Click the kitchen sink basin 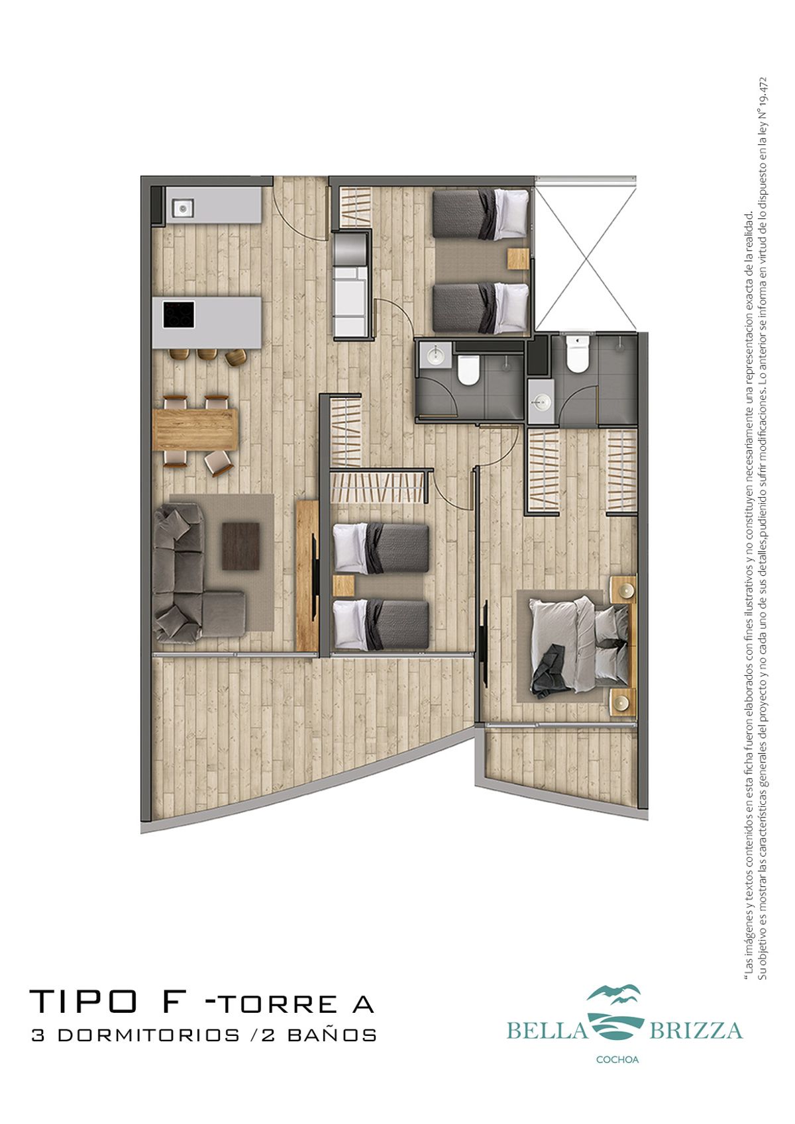[x=183, y=207]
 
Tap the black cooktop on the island [x=178, y=314]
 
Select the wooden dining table [x=194, y=430]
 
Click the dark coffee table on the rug [x=240, y=546]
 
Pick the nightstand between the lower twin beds [x=344, y=586]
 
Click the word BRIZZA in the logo [x=696, y=1031]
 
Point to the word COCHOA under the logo [x=617, y=1060]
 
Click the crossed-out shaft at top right [x=586, y=254]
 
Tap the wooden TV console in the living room [x=307, y=575]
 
